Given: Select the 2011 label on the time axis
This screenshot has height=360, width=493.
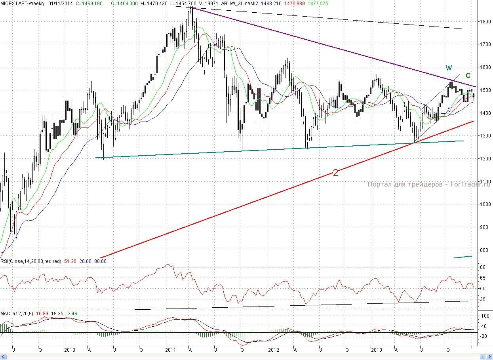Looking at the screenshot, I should pos(171,350).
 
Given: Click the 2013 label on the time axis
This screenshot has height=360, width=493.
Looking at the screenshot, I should pos(376,350).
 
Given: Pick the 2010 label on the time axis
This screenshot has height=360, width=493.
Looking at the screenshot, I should pos(69,350).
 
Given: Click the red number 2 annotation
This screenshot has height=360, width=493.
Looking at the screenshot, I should pos(335,172).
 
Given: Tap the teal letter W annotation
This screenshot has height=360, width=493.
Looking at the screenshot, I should pos(449,68).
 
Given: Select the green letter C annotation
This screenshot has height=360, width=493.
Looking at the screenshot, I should pos(468,75).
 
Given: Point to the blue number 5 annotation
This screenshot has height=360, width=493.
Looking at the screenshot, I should pos(449,109).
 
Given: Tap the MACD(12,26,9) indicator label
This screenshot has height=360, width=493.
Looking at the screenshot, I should pos(17,314).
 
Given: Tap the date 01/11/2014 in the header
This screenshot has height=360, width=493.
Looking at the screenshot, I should pos(61,3).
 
